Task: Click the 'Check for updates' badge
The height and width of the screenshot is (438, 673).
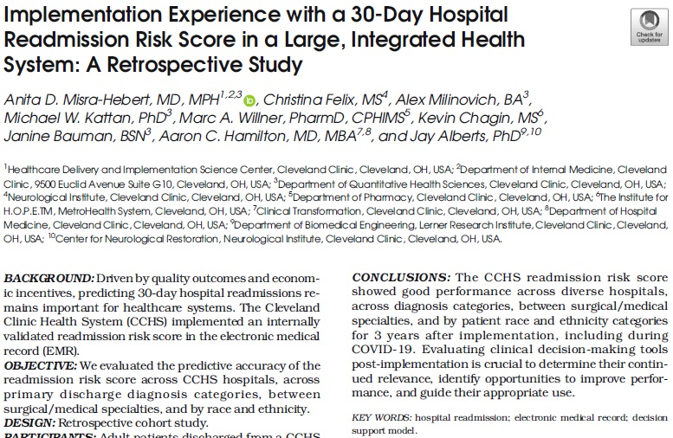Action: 649,25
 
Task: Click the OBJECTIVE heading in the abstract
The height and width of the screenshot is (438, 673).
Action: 42,364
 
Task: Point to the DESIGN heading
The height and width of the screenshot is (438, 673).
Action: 29,422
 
